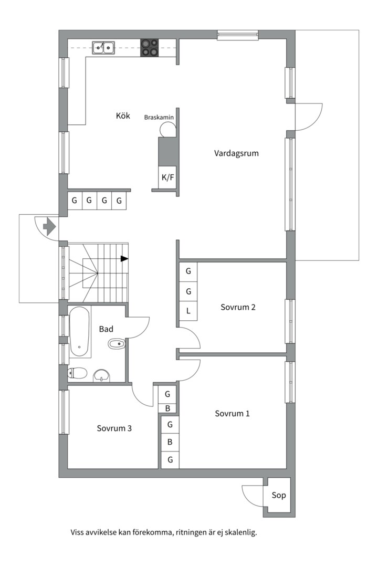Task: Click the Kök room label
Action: (123, 115)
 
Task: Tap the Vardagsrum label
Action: (236, 153)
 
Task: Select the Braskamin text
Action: (159, 117)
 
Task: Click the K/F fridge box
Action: (167, 177)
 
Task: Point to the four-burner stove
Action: (150, 48)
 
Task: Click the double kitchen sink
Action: (103, 47)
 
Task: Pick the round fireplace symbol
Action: (167, 129)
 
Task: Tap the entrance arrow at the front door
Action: (49, 227)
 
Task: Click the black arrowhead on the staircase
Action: (124, 258)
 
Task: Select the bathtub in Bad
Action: (79, 332)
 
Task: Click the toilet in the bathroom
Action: (77, 372)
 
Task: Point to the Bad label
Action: (106, 329)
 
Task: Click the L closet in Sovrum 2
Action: (188, 311)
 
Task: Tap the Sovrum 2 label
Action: (238, 307)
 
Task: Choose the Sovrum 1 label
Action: (232, 413)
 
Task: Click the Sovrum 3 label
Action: (114, 428)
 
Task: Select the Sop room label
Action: (279, 496)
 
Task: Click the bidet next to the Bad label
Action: (117, 344)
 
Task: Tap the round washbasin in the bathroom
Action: (102, 376)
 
